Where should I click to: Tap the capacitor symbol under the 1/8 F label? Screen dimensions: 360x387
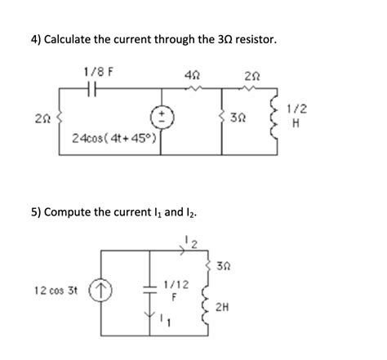click(x=96, y=89)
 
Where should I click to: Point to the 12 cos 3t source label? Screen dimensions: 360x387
click(x=55, y=290)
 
